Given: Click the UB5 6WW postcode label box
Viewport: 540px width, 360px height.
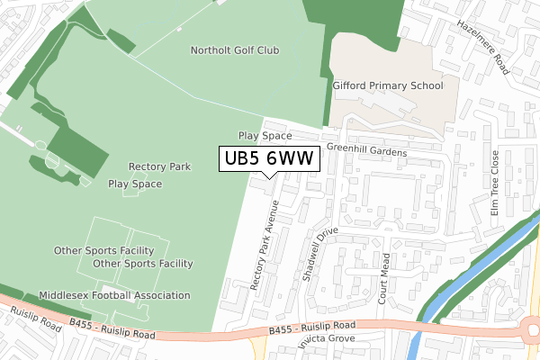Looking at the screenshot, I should point(268,158).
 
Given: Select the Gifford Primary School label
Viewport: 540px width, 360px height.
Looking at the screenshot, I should point(388,85).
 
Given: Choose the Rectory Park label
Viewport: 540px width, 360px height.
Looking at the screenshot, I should point(159,166).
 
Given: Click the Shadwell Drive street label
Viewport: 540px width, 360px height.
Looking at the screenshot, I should point(319,255).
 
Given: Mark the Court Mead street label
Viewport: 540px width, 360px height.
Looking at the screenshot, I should point(385,278).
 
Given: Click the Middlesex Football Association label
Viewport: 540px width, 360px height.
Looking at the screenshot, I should point(114,295).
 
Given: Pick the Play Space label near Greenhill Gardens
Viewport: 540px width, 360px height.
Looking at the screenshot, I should point(265,135).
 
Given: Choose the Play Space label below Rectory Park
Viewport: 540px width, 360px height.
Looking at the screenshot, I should point(135,184).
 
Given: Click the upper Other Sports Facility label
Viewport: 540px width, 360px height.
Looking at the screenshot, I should point(103,250).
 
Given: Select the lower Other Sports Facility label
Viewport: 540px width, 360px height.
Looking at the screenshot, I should point(143,264).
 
